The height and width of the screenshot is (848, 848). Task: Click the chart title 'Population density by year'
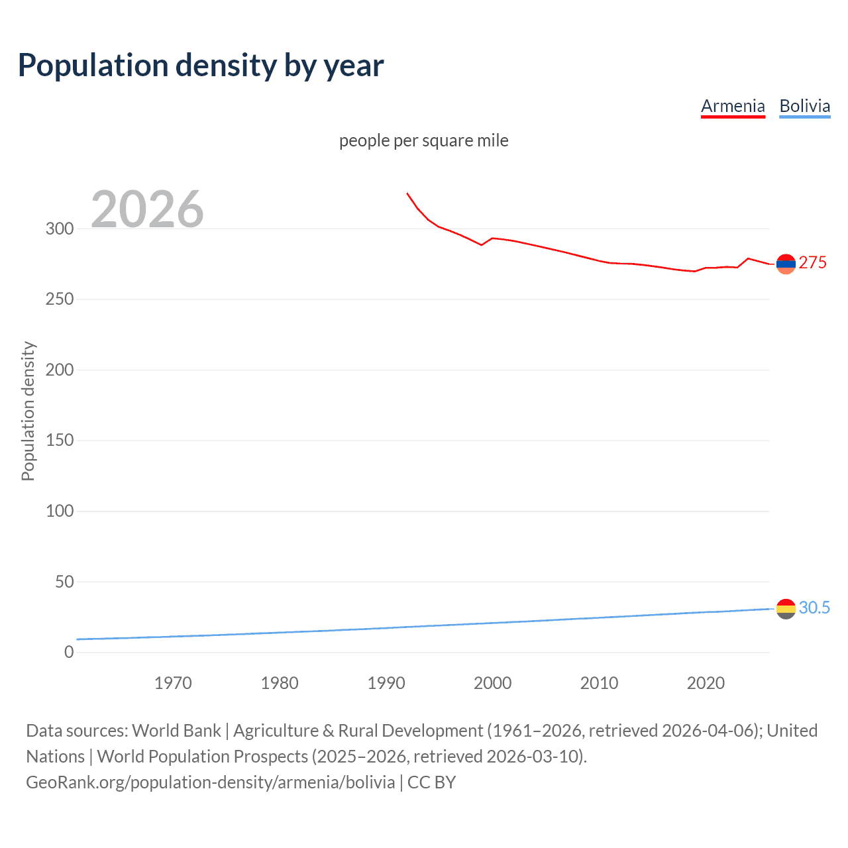coord(201,66)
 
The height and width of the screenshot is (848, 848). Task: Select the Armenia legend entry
coord(733,106)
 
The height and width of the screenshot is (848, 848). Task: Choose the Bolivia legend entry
coord(804,106)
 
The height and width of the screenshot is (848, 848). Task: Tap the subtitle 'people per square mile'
coord(423,141)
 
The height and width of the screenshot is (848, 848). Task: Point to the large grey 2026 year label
coord(147,209)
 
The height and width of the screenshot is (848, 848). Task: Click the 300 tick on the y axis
coord(60,229)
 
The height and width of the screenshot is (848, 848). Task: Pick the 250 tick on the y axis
coord(60,299)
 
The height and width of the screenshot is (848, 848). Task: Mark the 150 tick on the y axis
coord(60,441)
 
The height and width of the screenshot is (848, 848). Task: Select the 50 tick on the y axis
coord(64,582)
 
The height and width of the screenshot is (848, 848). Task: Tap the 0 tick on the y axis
coord(69,653)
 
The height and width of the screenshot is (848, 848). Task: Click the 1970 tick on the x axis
coord(173,683)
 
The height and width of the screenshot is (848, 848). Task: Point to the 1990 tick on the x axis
coord(386,683)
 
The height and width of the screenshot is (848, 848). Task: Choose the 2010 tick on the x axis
coord(599,683)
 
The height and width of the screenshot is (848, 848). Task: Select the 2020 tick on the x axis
coord(706,683)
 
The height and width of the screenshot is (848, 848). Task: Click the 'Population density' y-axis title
coord(28,411)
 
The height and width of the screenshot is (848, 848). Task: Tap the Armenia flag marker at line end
coord(786,264)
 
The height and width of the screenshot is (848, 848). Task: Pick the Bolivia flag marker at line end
coord(786,608)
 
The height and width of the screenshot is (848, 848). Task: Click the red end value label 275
coord(812,263)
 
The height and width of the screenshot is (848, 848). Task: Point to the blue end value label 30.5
coord(814,608)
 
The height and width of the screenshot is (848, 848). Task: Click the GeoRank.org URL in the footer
coord(211,782)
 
